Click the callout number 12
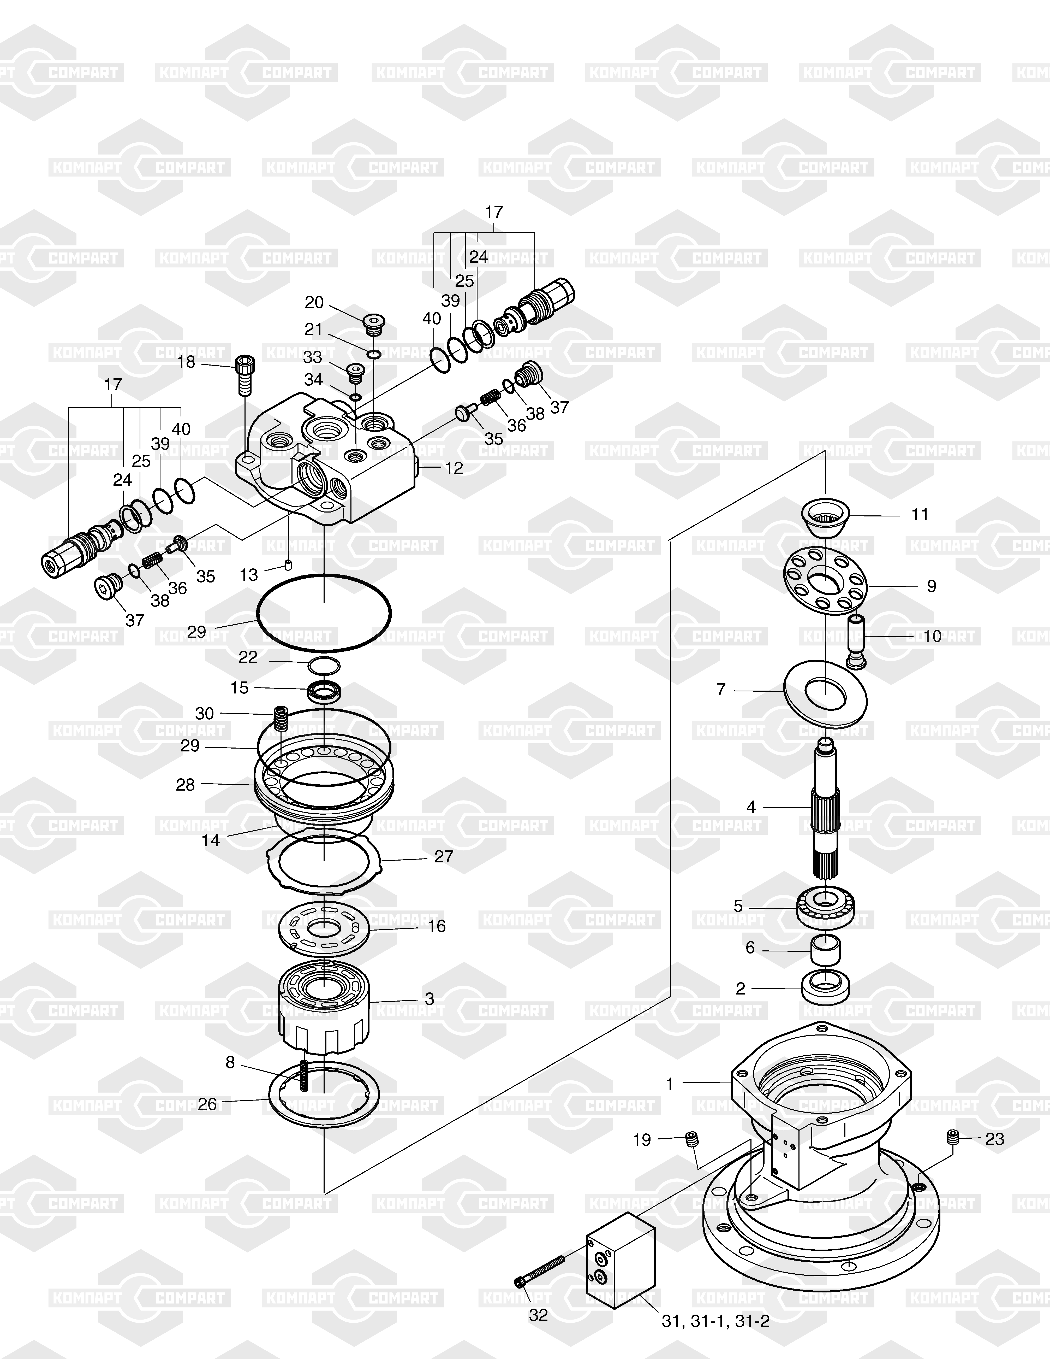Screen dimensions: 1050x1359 tap(454, 468)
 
